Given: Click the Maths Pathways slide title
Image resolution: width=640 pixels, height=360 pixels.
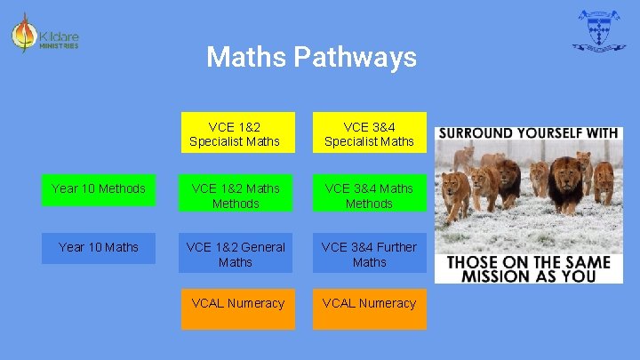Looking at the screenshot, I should [311, 58].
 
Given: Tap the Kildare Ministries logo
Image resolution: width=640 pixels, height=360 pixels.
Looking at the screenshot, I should [44, 36].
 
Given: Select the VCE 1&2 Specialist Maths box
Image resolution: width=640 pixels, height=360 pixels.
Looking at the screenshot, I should [235, 133].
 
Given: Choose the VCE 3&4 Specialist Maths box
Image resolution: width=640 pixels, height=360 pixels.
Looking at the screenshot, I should [369, 133].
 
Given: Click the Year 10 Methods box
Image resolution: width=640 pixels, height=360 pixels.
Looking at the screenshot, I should [98, 189].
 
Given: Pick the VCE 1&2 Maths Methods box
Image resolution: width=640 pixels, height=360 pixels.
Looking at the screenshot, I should [235, 196].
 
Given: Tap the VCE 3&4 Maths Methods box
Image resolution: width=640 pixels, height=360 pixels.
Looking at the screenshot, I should [369, 196].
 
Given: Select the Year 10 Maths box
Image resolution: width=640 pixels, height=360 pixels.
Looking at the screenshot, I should [98, 248].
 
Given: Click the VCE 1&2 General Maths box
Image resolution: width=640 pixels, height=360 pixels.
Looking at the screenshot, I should [235, 254].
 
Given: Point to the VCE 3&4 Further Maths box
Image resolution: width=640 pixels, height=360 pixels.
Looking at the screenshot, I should [369, 254].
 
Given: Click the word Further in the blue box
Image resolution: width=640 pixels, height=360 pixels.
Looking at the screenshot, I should [396, 247].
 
